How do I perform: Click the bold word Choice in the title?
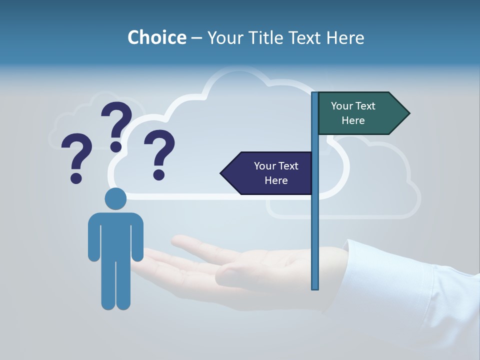click(x=156, y=37)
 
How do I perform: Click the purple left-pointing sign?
click(x=267, y=173)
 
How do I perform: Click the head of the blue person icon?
click(x=115, y=198)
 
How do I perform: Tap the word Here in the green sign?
click(x=353, y=120)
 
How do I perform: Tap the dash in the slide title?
click(x=196, y=38)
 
